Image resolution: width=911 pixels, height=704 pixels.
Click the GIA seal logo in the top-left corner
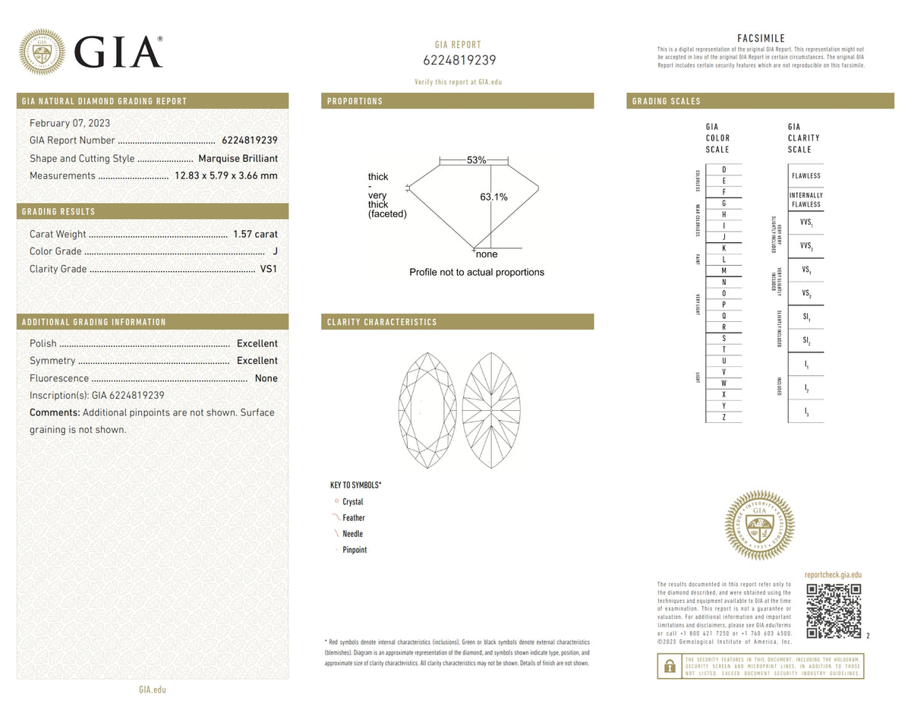coord(42,52)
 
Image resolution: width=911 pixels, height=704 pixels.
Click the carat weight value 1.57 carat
coord(255,235)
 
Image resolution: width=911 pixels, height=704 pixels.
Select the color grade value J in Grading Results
coord(274,251)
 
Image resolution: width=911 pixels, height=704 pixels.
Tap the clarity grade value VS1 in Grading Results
coord(269,269)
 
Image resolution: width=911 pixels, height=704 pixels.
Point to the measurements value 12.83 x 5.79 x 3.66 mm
coord(226,176)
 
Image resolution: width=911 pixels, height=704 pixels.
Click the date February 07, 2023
coord(70,123)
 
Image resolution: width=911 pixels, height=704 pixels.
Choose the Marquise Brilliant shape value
coord(238,159)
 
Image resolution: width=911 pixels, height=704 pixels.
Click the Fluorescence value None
coord(266,378)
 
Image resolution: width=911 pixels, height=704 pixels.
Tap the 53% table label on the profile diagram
coord(476,160)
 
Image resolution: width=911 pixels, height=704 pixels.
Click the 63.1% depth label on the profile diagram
coord(493,197)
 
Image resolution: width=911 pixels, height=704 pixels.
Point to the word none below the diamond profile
coord(487,254)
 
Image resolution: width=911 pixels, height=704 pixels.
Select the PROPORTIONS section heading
coord(355,101)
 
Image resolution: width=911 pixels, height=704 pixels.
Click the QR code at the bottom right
coord(834,611)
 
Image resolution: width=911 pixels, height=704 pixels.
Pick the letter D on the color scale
coord(724,169)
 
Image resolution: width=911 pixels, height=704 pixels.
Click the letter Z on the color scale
coord(724,417)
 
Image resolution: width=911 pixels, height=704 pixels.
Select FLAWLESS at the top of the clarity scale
coord(805,175)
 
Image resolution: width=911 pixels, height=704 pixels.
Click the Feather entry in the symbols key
coord(354,518)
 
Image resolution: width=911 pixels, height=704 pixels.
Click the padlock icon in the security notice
coord(670,666)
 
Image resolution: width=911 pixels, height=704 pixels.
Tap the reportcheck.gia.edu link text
coord(833,576)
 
